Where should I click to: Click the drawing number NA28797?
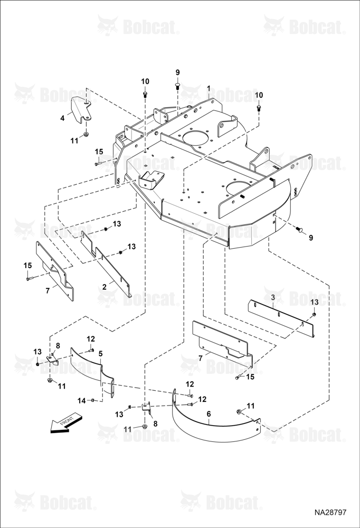point(330,513)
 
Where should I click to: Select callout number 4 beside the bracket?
point(62,118)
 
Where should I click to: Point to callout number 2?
point(105,287)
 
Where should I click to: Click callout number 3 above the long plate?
point(273,297)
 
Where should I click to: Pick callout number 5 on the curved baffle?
point(100,353)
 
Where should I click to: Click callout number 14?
point(81,401)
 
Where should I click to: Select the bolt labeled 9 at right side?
point(299,229)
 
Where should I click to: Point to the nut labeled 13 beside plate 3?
point(314,314)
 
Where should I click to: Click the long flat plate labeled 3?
point(281,318)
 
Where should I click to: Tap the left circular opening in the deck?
point(195,139)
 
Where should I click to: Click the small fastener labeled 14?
point(92,400)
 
